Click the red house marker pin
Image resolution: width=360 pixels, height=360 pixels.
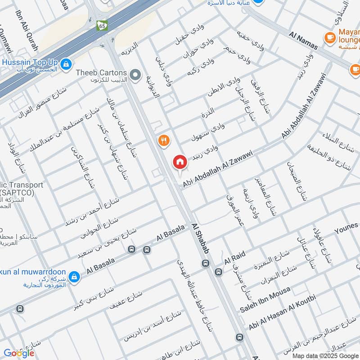180,162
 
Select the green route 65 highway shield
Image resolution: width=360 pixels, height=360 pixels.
102,26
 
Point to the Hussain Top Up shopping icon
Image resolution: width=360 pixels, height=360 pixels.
66,64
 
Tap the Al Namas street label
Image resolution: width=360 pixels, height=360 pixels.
303,40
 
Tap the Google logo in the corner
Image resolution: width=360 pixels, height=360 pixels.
19,353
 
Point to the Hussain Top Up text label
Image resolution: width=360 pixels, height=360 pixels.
31,61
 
